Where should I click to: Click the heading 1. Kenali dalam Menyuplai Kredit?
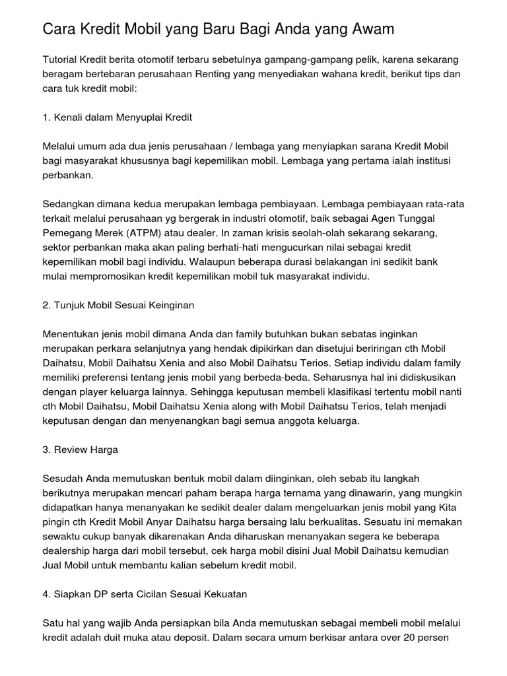(117, 117)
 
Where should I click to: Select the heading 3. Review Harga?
(80, 449)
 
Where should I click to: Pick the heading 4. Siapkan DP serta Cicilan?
(145, 594)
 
